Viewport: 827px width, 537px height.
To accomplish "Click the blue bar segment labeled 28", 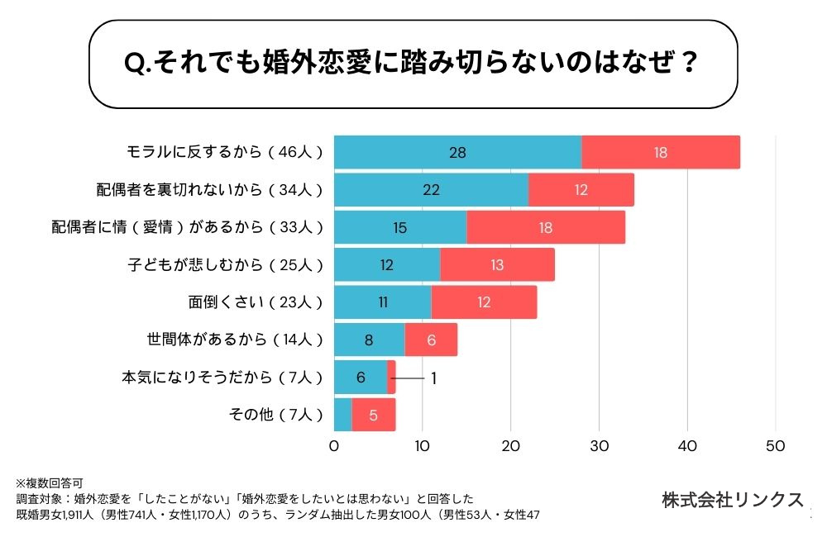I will coord(457,152).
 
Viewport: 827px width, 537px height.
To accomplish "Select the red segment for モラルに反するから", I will coord(660,152).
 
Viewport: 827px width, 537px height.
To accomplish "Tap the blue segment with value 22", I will coord(431,190).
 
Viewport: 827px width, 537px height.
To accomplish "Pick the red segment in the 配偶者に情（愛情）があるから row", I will coord(546,227).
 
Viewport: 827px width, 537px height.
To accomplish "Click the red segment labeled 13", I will coord(497,264).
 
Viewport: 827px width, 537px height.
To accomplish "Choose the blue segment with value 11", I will coord(383,302).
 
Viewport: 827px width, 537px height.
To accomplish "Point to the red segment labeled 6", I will coord(430,340).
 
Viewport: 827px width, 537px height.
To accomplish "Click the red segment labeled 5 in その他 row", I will coord(374,415).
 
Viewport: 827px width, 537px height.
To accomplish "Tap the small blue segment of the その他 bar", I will coord(343,415).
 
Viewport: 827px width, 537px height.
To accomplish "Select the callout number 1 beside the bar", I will coord(433,378).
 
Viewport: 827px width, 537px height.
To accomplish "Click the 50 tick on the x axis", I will coord(776,447).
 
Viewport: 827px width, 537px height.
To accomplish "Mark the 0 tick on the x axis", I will coord(334,447).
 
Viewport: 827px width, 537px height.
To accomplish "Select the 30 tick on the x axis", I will coord(599,447).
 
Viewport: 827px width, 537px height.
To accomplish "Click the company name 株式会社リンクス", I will coord(732,500).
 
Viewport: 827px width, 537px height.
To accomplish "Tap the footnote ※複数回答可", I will coord(49,482).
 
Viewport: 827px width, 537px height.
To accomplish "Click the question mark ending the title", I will coord(686,64).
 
